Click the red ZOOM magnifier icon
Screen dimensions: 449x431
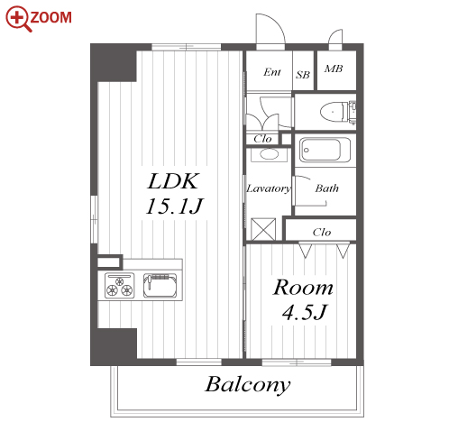pyautogui.click(x=19, y=19)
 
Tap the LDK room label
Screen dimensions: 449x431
pyautogui.click(x=173, y=181)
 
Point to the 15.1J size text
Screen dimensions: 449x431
pyautogui.click(x=174, y=206)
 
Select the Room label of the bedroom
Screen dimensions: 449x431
pyautogui.click(x=303, y=288)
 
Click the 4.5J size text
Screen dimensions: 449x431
pyautogui.click(x=304, y=312)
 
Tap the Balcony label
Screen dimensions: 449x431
pyautogui.click(x=248, y=385)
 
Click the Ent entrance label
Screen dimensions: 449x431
pyautogui.click(x=272, y=72)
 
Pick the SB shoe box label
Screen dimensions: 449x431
pyautogui.click(x=303, y=75)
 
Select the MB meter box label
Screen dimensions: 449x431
pyautogui.click(x=334, y=69)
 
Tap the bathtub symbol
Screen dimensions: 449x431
pyautogui.click(x=325, y=150)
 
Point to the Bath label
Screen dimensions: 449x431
pyautogui.click(x=326, y=188)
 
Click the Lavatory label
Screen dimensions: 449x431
pyautogui.click(x=269, y=188)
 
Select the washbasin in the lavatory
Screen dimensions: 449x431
pyautogui.click(x=269, y=154)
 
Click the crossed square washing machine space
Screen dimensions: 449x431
pyautogui.click(x=263, y=229)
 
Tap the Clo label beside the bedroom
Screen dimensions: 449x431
pyautogui.click(x=322, y=232)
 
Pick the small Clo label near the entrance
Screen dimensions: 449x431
pyautogui.click(x=262, y=139)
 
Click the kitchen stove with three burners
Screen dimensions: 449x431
pyautogui.click(x=119, y=286)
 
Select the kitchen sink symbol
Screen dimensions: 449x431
pyautogui.click(x=160, y=286)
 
